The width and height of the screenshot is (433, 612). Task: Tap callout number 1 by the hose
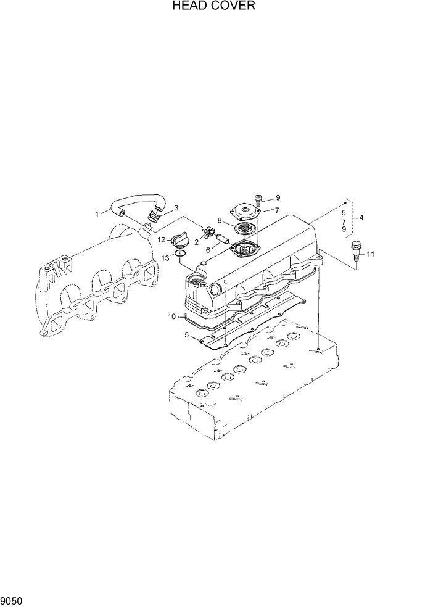click(97, 214)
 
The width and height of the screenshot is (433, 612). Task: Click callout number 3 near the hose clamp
click(176, 208)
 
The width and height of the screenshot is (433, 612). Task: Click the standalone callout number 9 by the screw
click(278, 197)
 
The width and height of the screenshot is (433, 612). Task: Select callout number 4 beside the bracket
click(361, 217)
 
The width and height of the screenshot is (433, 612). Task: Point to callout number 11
click(371, 254)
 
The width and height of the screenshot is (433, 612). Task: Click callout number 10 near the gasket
click(172, 316)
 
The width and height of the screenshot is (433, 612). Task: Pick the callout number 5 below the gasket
click(187, 336)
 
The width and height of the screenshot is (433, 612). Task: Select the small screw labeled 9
click(257, 200)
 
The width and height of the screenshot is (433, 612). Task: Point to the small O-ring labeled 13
click(180, 253)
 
